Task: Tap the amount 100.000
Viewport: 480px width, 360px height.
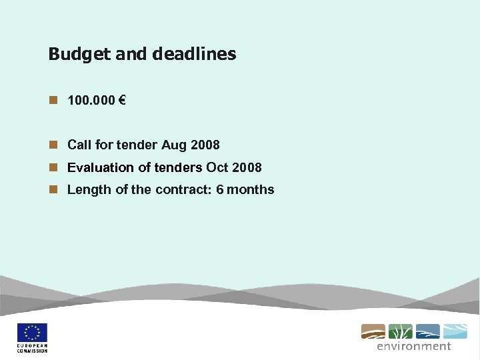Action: pos(91,101)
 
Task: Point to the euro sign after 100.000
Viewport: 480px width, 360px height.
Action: pos(122,101)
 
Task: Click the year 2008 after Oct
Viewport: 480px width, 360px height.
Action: pos(247,167)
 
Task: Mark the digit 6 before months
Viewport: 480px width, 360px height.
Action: pos(220,190)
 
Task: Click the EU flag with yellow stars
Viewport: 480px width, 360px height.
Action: pos(32,333)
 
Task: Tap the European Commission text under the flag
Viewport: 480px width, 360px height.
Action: pos(32,349)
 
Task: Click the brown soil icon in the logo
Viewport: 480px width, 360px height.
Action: pos(373,331)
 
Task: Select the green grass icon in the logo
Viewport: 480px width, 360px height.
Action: pos(400,331)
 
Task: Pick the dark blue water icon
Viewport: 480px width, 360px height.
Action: pos(427,331)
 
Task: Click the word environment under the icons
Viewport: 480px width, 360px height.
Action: pos(413,346)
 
